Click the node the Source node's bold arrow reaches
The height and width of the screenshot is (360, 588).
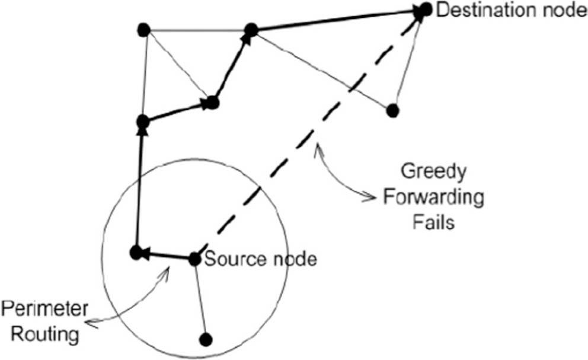pos(136,253)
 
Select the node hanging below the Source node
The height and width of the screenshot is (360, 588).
pos(205,340)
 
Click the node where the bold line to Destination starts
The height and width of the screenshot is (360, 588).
pos(251,29)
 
